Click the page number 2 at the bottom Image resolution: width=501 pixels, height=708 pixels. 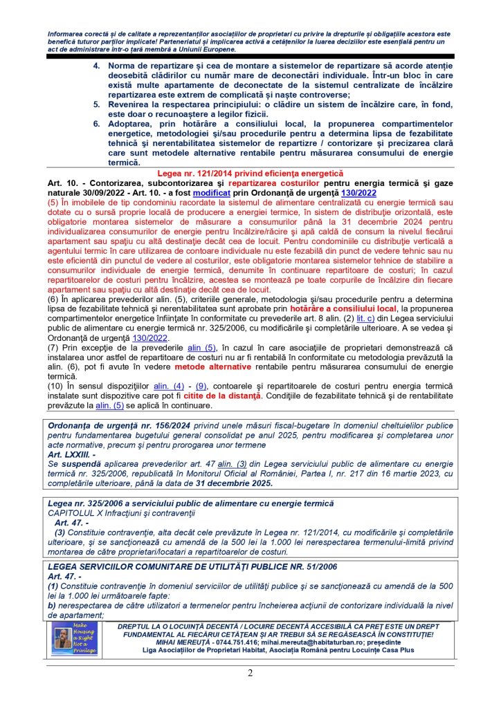click(250, 673)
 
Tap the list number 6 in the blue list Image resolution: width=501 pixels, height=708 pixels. click(97, 122)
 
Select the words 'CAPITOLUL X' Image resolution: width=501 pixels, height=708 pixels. click(77, 513)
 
